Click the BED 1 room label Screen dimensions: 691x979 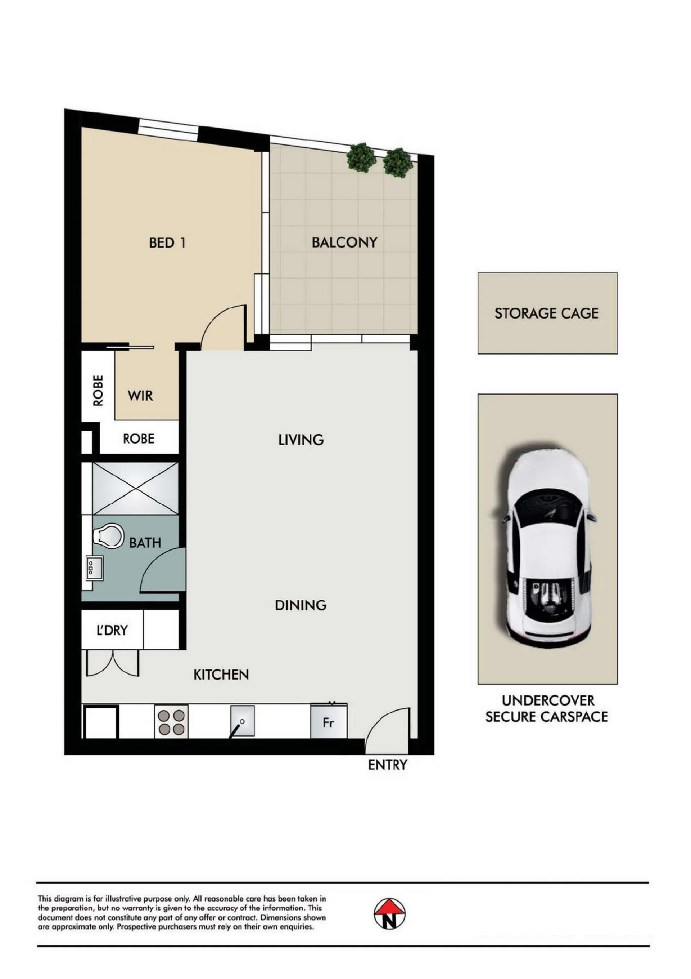[167, 243]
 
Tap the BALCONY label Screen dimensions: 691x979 [345, 242]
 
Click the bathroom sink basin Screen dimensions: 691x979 [95, 568]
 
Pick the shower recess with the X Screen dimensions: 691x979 [135, 489]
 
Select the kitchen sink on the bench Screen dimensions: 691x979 [243, 721]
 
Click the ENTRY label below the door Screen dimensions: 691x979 [387, 765]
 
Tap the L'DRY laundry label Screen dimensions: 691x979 [112, 630]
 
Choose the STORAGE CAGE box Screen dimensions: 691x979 [547, 313]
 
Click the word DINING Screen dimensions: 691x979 [301, 605]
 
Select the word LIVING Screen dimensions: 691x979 [301, 440]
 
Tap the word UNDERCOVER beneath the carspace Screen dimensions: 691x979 [548, 700]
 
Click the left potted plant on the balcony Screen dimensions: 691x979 [362, 157]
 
